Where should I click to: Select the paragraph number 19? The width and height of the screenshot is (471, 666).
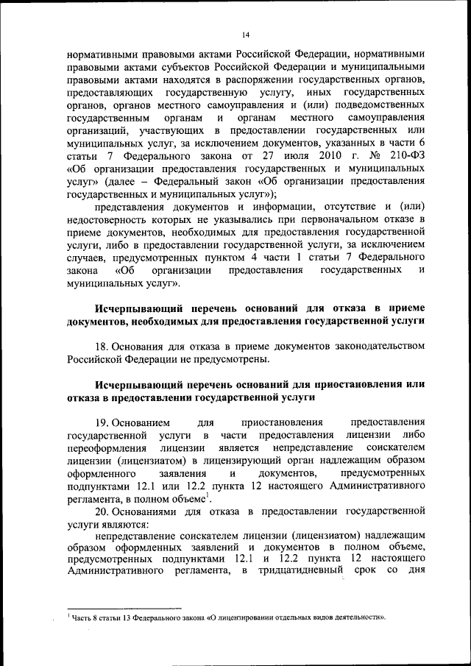coord(103,422)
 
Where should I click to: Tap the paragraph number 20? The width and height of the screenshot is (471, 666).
coord(103,511)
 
